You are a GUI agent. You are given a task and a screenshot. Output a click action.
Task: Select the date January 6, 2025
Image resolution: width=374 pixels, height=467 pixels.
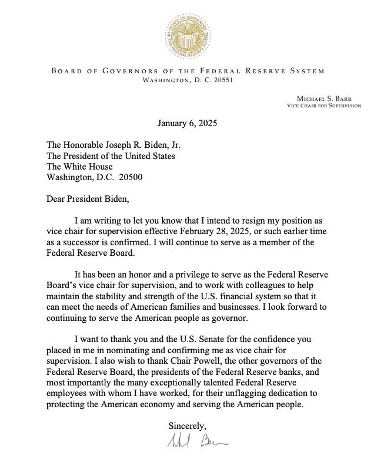(187, 123)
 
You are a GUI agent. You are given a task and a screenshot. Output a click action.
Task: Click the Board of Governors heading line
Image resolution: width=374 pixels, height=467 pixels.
(188, 71)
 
